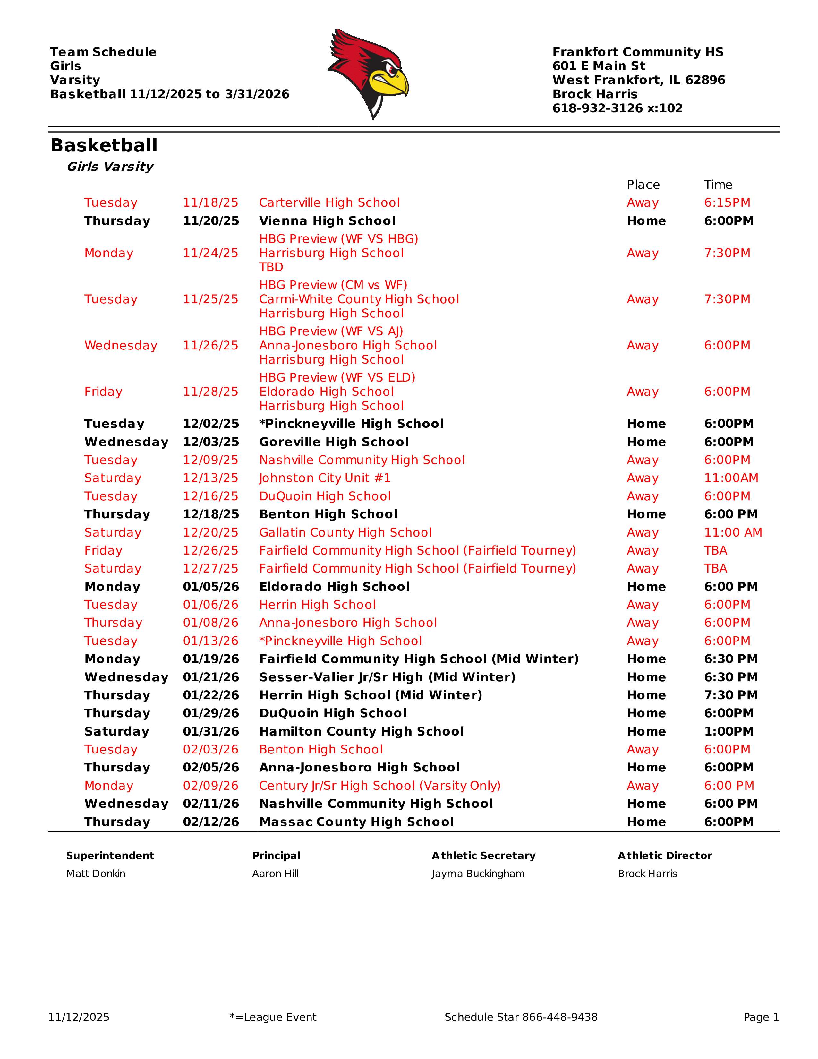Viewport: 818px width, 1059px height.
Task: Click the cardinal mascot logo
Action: [368, 73]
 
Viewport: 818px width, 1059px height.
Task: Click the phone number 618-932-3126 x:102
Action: [618, 108]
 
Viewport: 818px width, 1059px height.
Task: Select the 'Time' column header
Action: [718, 185]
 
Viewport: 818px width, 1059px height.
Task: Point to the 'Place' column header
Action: [643, 185]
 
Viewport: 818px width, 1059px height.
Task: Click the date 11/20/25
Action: [211, 221]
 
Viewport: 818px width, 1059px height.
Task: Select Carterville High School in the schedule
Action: [329, 203]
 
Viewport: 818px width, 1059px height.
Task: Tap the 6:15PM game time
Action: [727, 203]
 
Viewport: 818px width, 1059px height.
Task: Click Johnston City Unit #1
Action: [325, 478]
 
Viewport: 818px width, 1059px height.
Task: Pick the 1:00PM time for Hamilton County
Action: [729, 731]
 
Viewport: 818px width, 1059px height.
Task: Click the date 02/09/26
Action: [211, 786]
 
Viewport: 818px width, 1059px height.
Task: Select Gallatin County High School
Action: [345, 532]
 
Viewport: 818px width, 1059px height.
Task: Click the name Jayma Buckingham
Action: [478, 874]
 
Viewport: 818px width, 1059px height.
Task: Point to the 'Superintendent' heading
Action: [110, 856]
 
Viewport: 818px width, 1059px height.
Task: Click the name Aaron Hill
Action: [275, 874]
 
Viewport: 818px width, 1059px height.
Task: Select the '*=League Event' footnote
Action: [273, 1017]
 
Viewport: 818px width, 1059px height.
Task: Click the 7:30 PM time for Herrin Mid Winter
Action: [731, 695]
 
